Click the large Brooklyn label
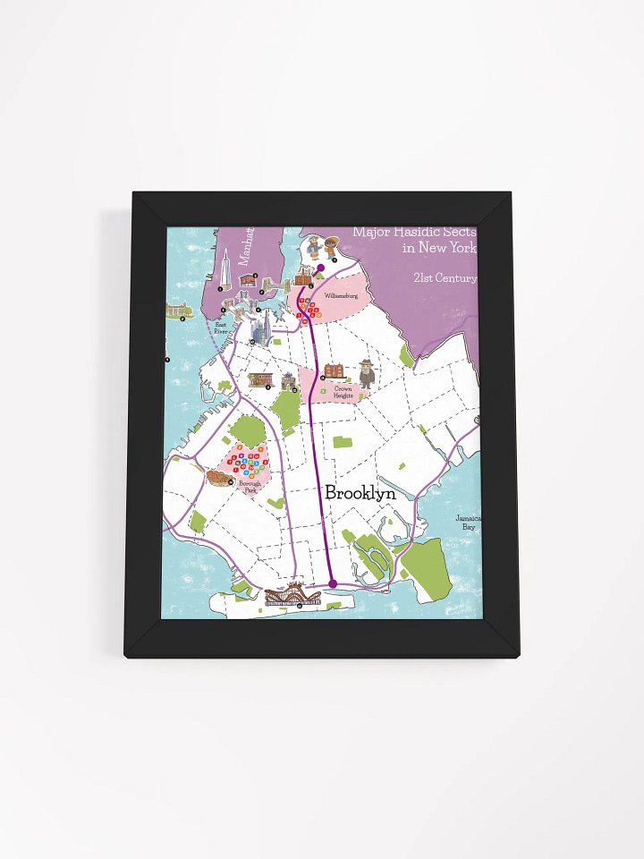coord(360,493)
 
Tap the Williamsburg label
coord(341,294)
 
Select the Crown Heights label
coord(343,391)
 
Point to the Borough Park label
coord(250,486)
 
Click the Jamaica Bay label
coord(468,523)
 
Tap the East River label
coord(222,327)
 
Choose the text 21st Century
coord(445,278)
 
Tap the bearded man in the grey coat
coord(367,373)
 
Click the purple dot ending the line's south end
coord(333,583)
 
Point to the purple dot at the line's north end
coord(320,268)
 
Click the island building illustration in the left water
coord(179,310)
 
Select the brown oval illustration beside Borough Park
coord(217,479)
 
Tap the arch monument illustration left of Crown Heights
coord(289,382)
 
